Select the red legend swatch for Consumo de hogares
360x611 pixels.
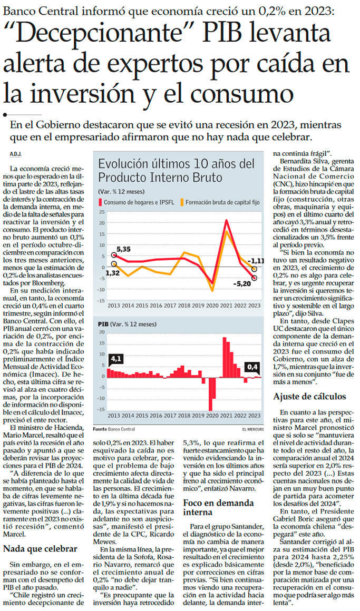pyautogui.click(x=100, y=201)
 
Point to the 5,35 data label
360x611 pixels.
pyautogui.click(x=123, y=248)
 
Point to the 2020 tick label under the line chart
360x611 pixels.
pyautogui.click(x=212, y=305)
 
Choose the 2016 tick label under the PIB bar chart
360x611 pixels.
pyautogui.click(x=157, y=415)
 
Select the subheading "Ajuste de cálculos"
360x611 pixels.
pyautogui.click(x=309, y=396)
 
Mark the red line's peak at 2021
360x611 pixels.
pyautogui.click(x=226, y=220)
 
